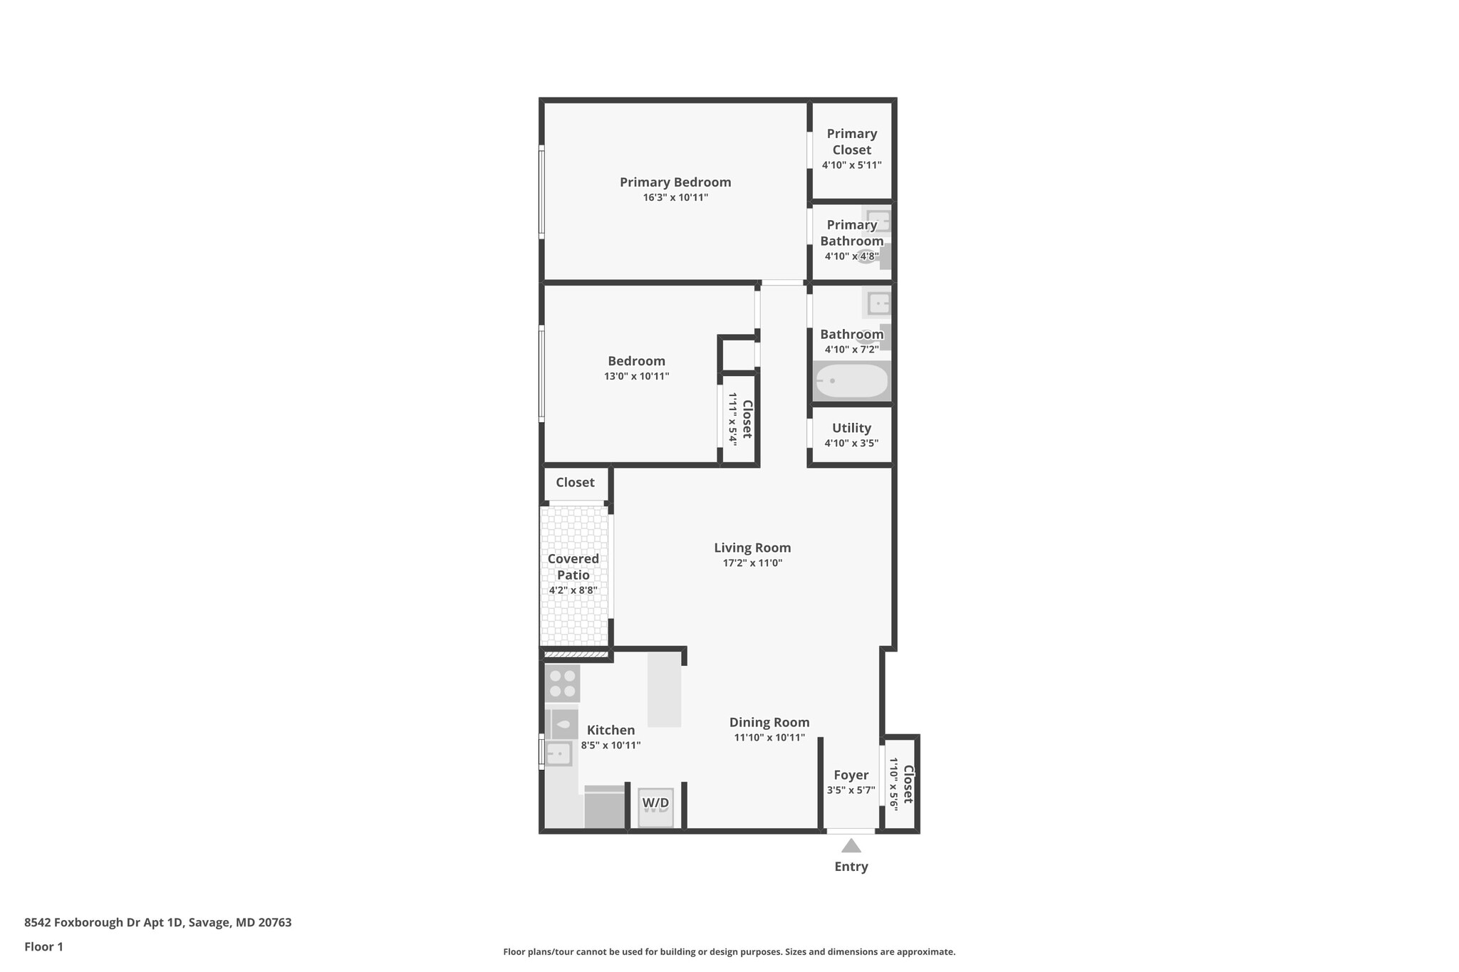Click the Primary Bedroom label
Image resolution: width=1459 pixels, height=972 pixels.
tap(675, 182)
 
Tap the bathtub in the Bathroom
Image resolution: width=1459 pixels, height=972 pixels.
tap(851, 381)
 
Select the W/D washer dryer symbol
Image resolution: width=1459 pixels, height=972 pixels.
tap(655, 807)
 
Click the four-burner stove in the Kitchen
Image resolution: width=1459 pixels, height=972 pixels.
tap(562, 684)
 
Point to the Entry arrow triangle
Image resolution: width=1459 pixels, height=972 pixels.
tap(851, 846)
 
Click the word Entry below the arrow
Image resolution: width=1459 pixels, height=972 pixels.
tap(851, 867)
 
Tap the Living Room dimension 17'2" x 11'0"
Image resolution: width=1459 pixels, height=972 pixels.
tap(752, 563)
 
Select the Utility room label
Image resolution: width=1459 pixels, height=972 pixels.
tap(851, 428)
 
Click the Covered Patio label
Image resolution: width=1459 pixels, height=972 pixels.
tap(573, 567)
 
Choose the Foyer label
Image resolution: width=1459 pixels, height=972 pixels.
tap(851, 775)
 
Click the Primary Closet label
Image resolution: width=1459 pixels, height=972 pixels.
tap(851, 142)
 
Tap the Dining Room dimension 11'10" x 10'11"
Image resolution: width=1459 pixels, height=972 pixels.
tap(769, 738)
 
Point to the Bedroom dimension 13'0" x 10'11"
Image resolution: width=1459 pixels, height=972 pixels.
tap(636, 377)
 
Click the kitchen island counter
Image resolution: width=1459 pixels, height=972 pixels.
tap(664, 689)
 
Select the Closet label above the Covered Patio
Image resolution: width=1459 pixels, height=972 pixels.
tap(575, 482)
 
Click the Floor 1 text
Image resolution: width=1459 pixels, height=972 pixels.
tap(43, 947)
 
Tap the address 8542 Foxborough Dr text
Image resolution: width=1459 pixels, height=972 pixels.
tap(157, 923)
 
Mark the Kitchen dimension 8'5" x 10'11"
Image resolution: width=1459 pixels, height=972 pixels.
tap(611, 746)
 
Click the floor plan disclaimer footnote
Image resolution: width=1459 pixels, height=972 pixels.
tap(729, 952)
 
